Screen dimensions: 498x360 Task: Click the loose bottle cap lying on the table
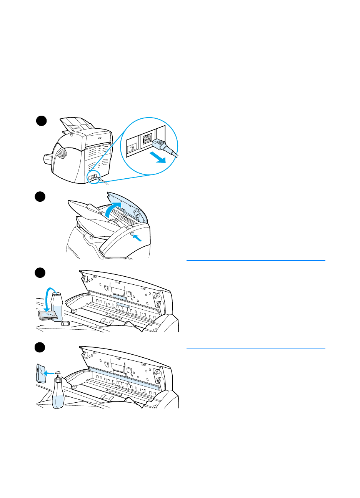[65, 323]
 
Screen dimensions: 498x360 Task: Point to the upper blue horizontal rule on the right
[256, 261]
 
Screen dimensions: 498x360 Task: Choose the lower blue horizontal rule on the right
[256, 349]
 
